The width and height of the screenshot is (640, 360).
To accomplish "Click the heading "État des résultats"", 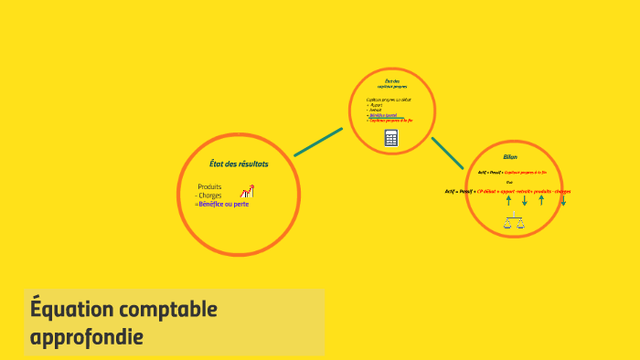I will (x=239, y=164).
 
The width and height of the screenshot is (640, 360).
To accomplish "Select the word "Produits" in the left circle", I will (x=209, y=187).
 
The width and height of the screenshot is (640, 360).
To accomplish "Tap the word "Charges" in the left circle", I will (x=210, y=196).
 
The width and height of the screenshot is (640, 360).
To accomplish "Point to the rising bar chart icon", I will (x=247, y=192).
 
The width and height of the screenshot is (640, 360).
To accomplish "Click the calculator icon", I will (x=391, y=138).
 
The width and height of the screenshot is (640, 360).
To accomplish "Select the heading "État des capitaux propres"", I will (x=391, y=84).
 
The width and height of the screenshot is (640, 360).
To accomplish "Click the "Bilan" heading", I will (x=510, y=156).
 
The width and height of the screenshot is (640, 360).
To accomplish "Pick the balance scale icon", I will (x=514, y=221).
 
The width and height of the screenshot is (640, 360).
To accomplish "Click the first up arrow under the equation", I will (x=508, y=199).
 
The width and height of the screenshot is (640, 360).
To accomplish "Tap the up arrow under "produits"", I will (x=542, y=199).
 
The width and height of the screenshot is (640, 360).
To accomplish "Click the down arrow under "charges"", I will (x=563, y=199).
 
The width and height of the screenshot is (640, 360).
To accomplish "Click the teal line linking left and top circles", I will (x=318, y=142).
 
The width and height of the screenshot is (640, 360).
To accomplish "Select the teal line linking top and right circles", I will (x=447, y=152).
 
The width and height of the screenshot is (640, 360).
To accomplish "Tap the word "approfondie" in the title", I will (x=86, y=337).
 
